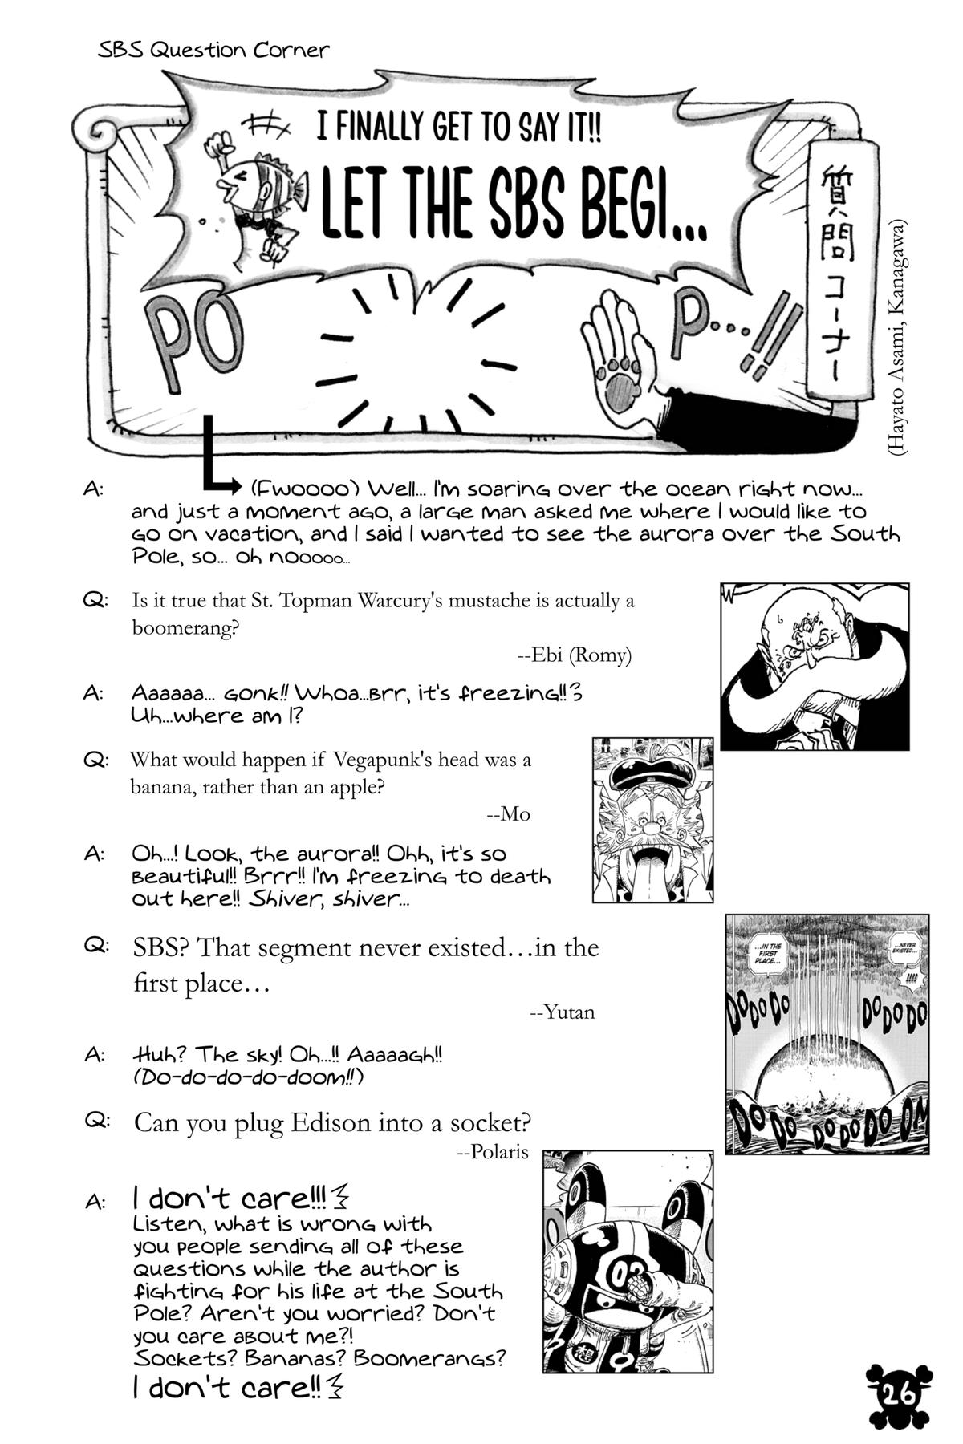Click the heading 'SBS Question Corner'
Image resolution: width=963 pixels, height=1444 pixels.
[213, 51]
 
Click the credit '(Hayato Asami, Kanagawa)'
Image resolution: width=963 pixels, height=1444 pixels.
[896, 337]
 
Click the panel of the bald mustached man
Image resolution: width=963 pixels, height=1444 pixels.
[814, 666]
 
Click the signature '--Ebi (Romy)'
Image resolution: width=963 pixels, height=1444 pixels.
[574, 655]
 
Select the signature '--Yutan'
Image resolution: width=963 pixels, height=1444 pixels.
[563, 1012]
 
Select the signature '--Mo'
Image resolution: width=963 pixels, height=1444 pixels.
[508, 814]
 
